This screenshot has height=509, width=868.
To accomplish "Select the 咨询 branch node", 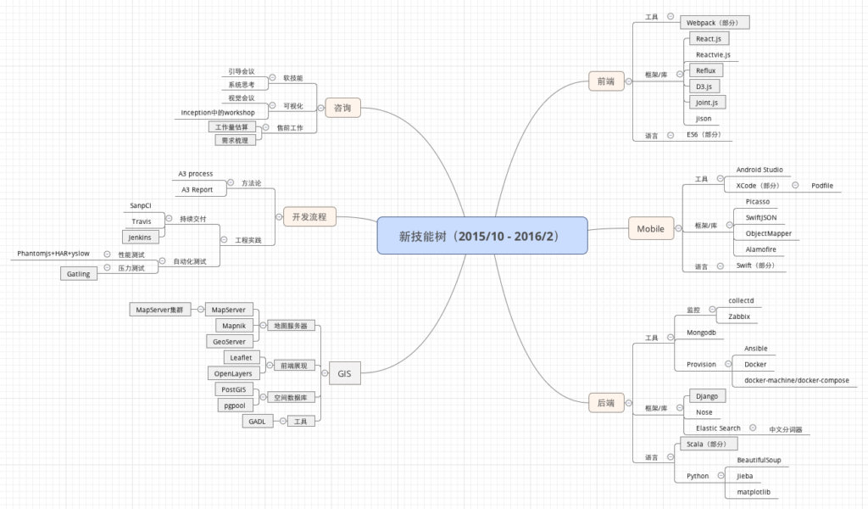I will tap(342, 108).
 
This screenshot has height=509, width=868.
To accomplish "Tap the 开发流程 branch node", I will tap(309, 217).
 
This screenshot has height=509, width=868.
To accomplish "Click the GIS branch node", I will tap(344, 373).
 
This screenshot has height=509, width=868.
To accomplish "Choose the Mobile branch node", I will tap(651, 228).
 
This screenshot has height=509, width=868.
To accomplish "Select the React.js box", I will tap(709, 39).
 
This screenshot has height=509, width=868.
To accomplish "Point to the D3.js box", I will tap(704, 87).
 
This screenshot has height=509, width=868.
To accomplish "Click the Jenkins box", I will tap(141, 237).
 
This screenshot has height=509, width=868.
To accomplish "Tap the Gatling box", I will tap(78, 274).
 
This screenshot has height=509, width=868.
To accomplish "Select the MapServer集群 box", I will tap(160, 310).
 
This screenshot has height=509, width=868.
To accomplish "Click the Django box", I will tap(705, 396).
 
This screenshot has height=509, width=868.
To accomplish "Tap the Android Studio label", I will tap(759, 170).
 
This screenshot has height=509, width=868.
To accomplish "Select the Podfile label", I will tap(821, 185).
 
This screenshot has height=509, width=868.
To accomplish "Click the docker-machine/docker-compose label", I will tap(796, 380).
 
